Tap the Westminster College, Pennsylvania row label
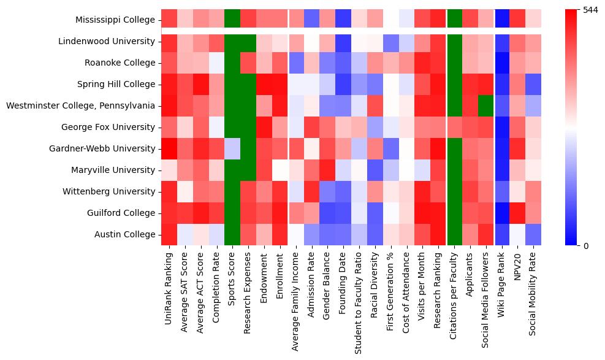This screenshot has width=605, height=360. [80, 105]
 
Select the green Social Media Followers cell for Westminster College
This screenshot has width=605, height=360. [487, 105]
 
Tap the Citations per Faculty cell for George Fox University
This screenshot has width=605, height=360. [455, 127]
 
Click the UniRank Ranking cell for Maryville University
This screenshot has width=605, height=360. [169, 170]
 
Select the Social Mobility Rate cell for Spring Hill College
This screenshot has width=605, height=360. [535, 84]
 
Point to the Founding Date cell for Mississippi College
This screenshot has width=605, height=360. [344, 20]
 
